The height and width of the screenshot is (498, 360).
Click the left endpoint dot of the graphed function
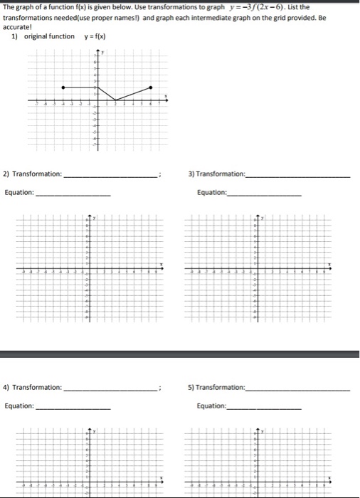[x=63, y=88]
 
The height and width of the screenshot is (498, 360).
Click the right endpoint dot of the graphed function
[x=150, y=88]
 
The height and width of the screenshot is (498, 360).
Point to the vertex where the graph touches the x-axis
[x=115, y=100]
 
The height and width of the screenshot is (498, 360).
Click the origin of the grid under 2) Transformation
[x=89, y=270]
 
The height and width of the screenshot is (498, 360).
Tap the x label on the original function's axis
[x=167, y=96]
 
